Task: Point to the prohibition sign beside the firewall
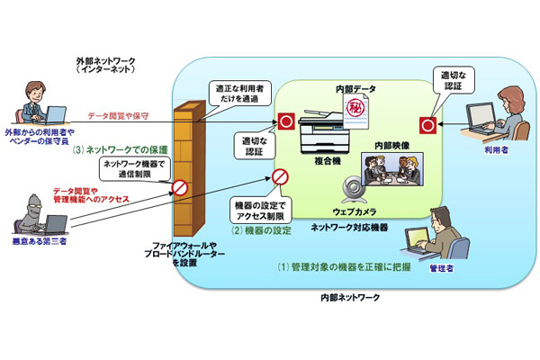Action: click(x=180, y=188)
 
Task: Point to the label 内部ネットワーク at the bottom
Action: click(x=351, y=296)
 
